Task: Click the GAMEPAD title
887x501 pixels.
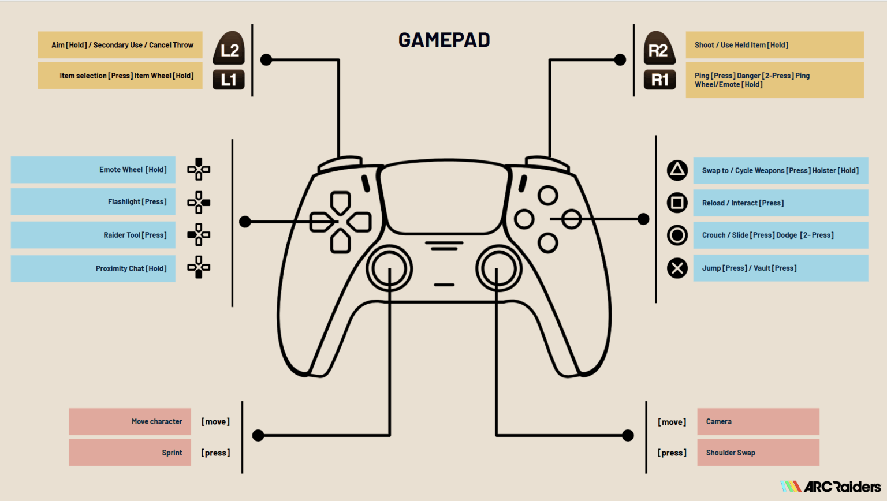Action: (x=444, y=40)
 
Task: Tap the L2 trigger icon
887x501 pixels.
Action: (x=229, y=48)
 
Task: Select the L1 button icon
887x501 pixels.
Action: (x=229, y=80)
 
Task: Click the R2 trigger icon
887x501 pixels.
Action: (x=659, y=48)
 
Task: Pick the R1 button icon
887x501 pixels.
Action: (x=659, y=80)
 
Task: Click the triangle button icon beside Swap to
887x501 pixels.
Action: (x=677, y=170)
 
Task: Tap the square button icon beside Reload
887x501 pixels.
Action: (x=677, y=203)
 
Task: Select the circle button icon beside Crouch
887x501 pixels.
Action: (x=677, y=235)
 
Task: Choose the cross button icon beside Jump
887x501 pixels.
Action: (x=677, y=268)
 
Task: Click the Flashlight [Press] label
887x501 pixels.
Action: (x=137, y=202)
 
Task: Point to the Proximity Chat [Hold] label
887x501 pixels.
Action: (x=131, y=268)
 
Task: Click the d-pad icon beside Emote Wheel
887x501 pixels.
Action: (x=199, y=169)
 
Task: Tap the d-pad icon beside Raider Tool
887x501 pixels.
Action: (x=199, y=235)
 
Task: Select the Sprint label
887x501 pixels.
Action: (x=172, y=453)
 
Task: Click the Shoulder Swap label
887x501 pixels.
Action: (x=731, y=453)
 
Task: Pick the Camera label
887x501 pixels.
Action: (x=719, y=421)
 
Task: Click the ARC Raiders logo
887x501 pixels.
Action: (x=830, y=487)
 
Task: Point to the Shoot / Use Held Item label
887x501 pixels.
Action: (x=741, y=45)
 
